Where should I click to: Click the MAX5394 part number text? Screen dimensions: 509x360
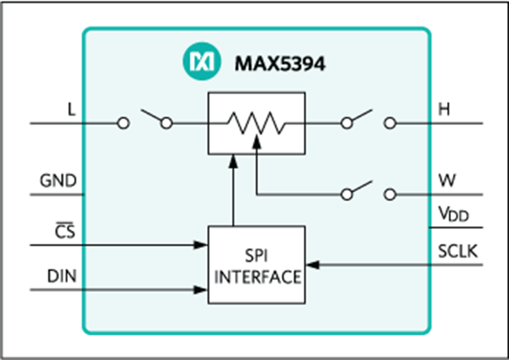[280, 64]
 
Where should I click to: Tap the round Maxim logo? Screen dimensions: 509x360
[202, 61]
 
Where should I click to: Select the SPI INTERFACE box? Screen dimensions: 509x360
[256, 265]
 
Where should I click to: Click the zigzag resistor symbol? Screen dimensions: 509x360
[256, 123]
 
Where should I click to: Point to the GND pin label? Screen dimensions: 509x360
[58, 180]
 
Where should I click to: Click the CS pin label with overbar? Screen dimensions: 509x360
[65, 231]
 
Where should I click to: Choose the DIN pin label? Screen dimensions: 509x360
[62, 276]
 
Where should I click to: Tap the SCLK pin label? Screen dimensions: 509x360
[458, 251]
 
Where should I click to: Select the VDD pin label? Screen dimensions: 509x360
[454, 214]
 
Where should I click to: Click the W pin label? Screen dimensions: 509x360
[447, 180]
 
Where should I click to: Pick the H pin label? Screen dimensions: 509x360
[444, 109]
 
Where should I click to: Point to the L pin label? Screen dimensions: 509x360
[71, 109]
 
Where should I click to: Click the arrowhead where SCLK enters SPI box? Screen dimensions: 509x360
[312, 265]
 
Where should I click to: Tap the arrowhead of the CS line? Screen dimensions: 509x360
[201, 245]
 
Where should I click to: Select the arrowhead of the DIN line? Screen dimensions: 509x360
[201, 289]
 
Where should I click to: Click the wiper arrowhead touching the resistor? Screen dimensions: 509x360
[256, 142]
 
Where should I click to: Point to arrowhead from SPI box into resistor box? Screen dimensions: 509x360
[233, 161]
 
